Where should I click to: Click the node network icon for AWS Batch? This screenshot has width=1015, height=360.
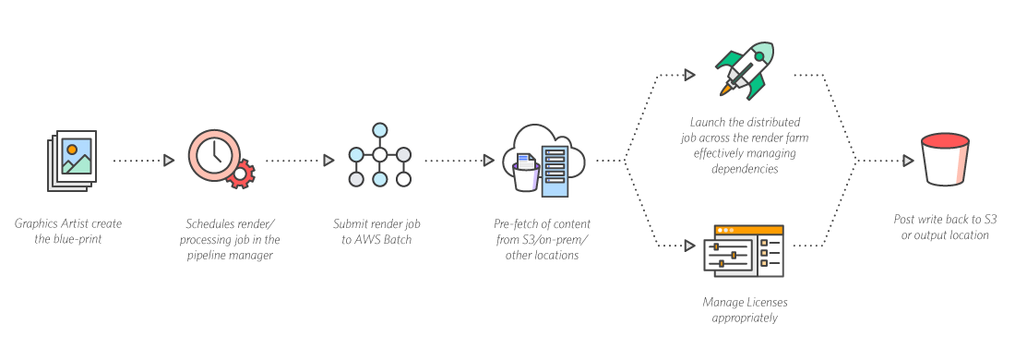378,154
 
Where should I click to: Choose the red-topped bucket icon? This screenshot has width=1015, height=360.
945,158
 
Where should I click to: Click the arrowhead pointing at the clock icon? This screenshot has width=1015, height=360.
169,160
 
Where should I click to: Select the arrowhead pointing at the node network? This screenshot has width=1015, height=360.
328,160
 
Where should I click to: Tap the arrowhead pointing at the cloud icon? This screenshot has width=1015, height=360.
489,160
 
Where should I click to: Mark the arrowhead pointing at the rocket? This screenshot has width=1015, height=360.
688,72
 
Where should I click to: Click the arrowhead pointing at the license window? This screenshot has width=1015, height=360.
688,246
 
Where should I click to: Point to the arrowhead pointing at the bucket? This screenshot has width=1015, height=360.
909,160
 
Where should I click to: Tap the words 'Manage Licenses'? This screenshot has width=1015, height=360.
744,302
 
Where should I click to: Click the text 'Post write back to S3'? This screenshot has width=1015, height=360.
945,220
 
